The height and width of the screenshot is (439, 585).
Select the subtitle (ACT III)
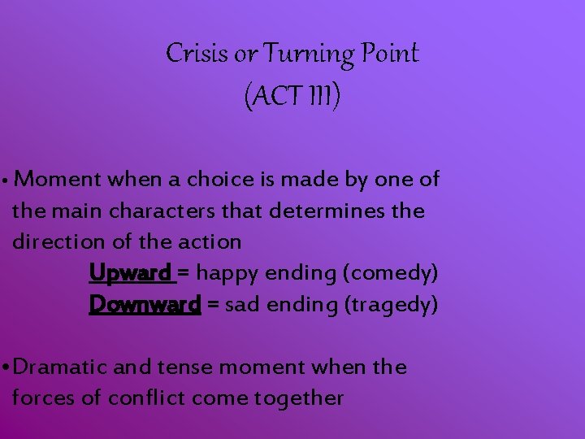coord(292,98)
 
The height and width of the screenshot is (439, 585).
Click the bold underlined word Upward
coord(131,273)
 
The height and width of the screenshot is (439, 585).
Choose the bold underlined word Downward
coord(145,304)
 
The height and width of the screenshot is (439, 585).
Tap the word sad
coord(240,304)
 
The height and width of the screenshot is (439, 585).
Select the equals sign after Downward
coord(213,304)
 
